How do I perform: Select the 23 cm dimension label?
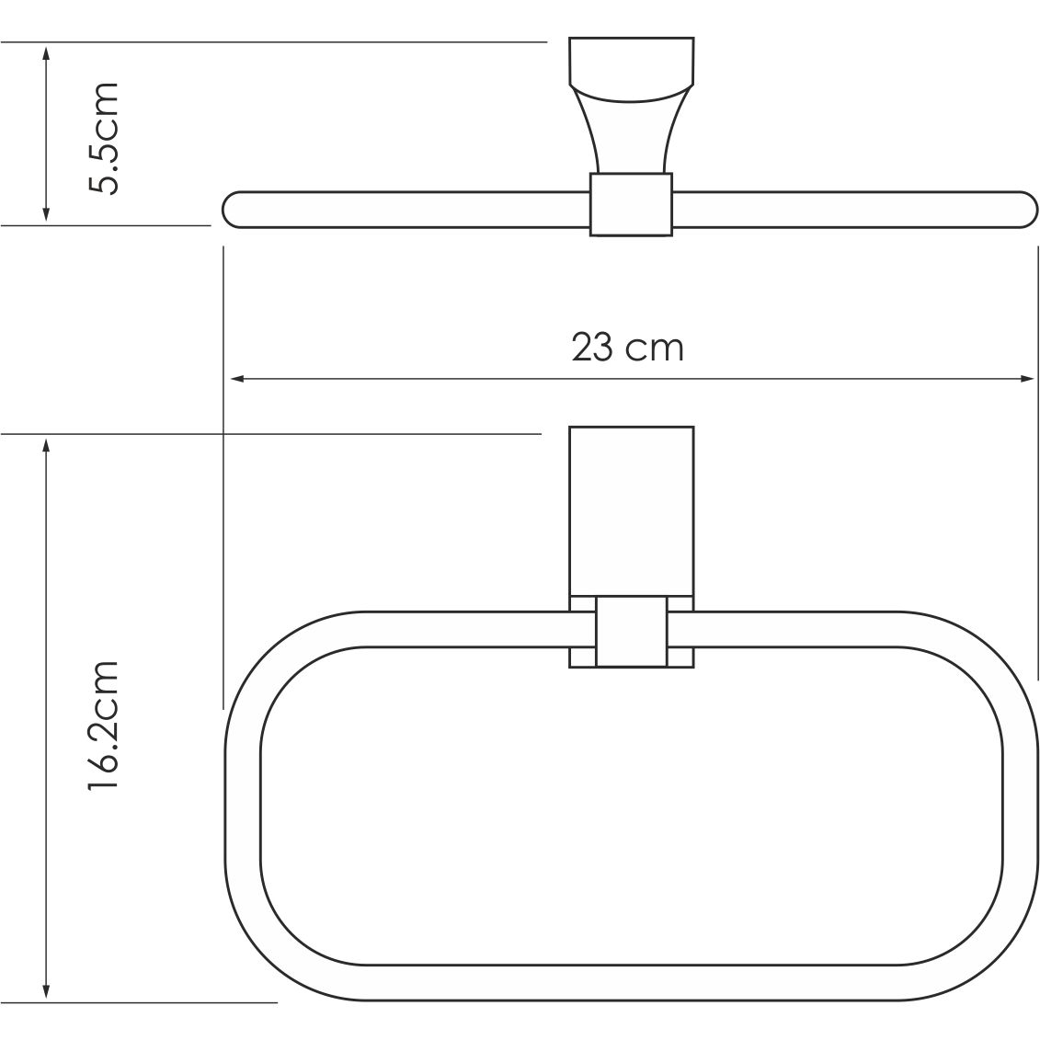pos(628,348)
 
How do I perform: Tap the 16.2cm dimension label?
pos(104,726)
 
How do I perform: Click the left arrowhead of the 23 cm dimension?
pos(235,378)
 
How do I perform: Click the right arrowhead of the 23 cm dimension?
pos(1028,378)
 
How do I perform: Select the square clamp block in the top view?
pos(630,204)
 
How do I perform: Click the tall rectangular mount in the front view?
pos(631,510)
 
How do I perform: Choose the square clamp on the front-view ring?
pos(631,631)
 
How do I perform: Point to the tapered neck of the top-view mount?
pos(630,129)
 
